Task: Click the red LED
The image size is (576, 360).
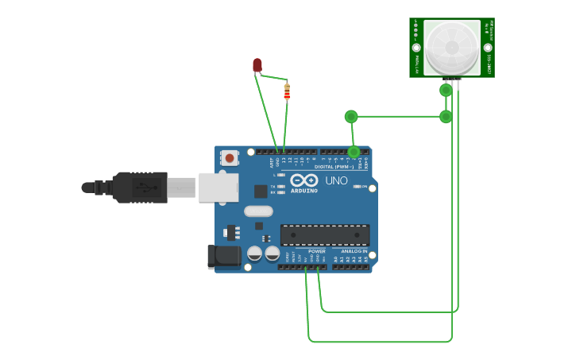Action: click(x=257, y=64)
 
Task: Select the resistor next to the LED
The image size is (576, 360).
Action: click(x=287, y=91)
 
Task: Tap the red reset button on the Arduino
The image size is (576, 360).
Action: click(x=230, y=158)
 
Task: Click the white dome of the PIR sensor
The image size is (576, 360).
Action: click(x=451, y=48)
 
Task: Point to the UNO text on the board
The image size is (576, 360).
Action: click(x=336, y=180)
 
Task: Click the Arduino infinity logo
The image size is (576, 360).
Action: click(x=303, y=180)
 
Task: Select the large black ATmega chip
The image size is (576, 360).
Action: click(x=324, y=234)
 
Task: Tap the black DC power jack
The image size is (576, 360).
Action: click(x=223, y=256)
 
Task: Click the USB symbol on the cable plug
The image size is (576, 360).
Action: click(x=142, y=188)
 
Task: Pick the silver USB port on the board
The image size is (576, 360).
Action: click(x=218, y=188)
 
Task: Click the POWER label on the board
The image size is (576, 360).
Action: click(x=316, y=251)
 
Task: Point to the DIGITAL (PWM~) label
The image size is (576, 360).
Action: click(x=334, y=167)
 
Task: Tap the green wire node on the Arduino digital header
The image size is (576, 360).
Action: click(x=354, y=151)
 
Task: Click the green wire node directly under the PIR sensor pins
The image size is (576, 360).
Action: click(x=446, y=90)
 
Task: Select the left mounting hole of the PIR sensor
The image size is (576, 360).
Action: click(x=416, y=48)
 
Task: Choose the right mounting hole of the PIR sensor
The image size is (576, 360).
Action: click(x=488, y=48)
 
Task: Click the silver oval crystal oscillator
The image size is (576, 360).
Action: click(x=258, y=211)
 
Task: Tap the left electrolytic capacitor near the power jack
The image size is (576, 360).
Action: click(x=254, y=254)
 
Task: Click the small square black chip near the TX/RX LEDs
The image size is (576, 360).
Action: click(x=261, y=191)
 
